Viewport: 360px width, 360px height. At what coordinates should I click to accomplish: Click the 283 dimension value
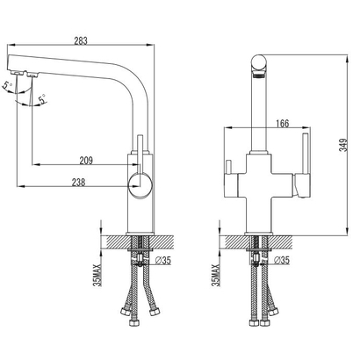tap(81, 40)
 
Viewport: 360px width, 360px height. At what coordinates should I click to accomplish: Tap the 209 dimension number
tap(86, 161)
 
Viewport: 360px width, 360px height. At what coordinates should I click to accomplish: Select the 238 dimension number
tap(78, 183)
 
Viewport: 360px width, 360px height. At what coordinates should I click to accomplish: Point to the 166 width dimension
tap(282, 124)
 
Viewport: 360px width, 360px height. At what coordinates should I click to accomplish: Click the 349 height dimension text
tap(344, 145)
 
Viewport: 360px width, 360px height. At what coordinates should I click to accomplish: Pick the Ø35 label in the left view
tap(163, 260)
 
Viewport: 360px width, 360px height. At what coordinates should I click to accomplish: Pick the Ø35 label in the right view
tap(282, 260)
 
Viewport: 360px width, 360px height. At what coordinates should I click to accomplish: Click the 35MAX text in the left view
tap(97, 275)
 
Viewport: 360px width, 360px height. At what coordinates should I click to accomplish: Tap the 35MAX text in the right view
tap(215, 275)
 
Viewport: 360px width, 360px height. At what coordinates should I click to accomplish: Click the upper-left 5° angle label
tap(8, 86)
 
